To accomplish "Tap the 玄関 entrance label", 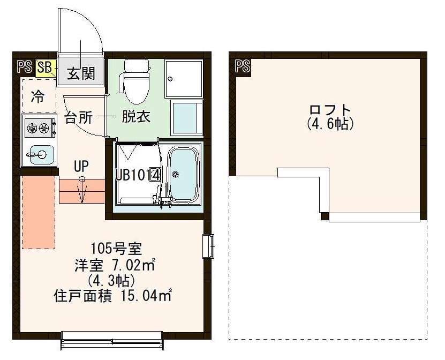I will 80,72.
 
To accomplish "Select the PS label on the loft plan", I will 243,66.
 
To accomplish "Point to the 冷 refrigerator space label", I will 38,96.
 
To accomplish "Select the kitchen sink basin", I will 39,155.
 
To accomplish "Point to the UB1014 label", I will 138,175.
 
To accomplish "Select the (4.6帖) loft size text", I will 330,124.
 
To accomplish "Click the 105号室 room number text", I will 116,249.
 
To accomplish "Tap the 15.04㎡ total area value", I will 149,295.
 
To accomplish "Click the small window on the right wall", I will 209,247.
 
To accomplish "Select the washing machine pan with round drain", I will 183,79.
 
